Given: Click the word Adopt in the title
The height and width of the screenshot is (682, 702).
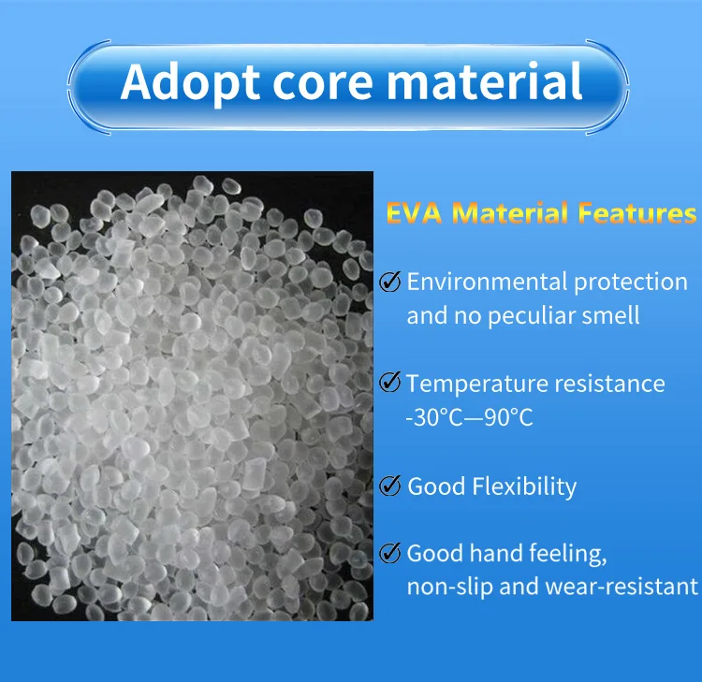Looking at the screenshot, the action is [190, 82].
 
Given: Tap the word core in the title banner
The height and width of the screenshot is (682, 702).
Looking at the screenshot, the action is [322, 83].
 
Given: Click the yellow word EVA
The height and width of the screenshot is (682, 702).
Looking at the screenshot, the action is [414, 212].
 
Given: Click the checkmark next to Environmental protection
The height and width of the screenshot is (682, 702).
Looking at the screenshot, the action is [389, 282].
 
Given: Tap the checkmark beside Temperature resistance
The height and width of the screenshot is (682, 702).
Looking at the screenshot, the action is [389, 383].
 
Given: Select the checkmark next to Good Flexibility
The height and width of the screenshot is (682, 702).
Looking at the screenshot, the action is [389, 486].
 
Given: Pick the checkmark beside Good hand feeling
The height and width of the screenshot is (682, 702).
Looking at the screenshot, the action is [389, 553].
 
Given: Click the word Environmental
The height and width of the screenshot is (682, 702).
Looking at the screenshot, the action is [488, 282].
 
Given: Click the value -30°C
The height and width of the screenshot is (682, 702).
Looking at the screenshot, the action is [434, 418].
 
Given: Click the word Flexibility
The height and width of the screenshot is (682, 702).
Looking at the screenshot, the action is [524, 486].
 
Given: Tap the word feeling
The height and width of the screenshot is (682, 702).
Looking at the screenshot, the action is [568, 555].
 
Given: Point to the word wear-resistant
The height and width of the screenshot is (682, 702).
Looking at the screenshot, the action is [622, 587].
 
